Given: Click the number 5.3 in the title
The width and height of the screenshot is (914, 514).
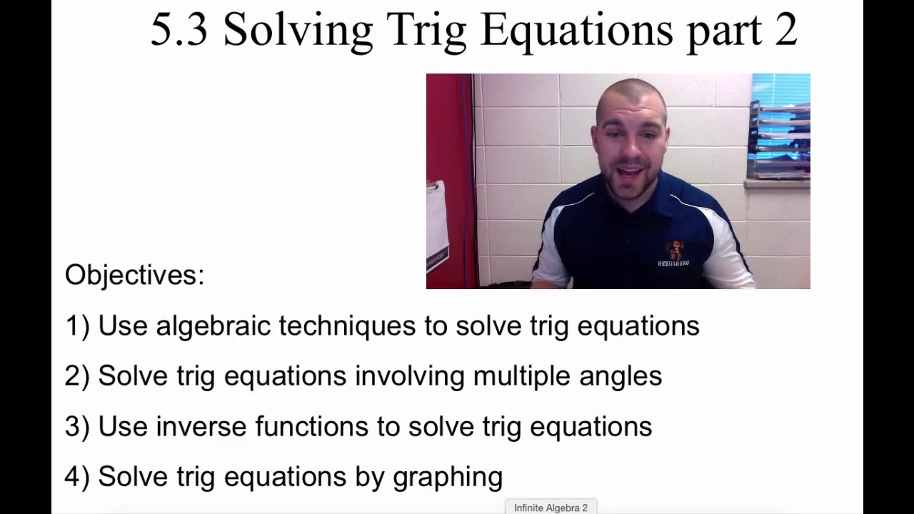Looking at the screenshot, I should tap(179, 30).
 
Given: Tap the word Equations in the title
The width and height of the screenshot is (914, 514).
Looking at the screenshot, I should tap(577, 30).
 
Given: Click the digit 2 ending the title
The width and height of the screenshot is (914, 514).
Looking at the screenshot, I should tap(784, 30).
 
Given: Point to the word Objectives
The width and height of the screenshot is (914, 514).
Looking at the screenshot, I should tap(134, 275).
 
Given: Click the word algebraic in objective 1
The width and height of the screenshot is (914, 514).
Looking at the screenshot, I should tap(213, 326).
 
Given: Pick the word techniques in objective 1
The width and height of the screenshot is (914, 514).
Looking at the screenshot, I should tap(346, 326).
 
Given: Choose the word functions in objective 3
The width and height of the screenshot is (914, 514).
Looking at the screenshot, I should tap(311, 426).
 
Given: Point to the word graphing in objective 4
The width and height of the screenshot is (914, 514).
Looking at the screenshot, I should tap(447, 477).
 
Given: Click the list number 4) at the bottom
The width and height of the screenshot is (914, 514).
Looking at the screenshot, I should tap(77, 477).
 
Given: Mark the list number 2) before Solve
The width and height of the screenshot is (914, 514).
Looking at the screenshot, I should tap(77, 376).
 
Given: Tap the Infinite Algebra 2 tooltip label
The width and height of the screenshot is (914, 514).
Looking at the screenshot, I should tap(551, 508).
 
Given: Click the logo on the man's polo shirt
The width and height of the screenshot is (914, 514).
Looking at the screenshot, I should tap(673, 253).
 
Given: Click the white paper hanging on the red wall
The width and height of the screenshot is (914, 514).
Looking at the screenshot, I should tap(436, 221).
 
